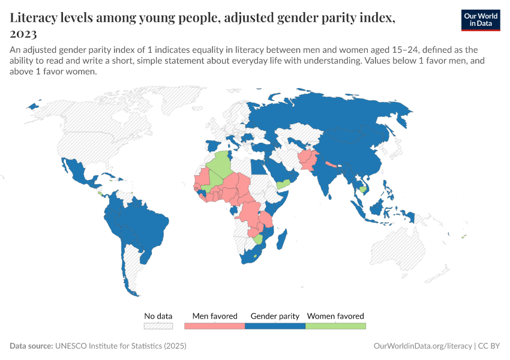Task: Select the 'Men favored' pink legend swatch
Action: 215,326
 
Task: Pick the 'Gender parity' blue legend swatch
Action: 275,326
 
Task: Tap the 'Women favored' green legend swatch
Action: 335,326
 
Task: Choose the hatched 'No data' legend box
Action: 158,326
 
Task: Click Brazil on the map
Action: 144,222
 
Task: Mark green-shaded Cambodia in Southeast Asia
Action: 363,190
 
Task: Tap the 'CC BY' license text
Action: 490,346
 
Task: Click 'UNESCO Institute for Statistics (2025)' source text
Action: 121,346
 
